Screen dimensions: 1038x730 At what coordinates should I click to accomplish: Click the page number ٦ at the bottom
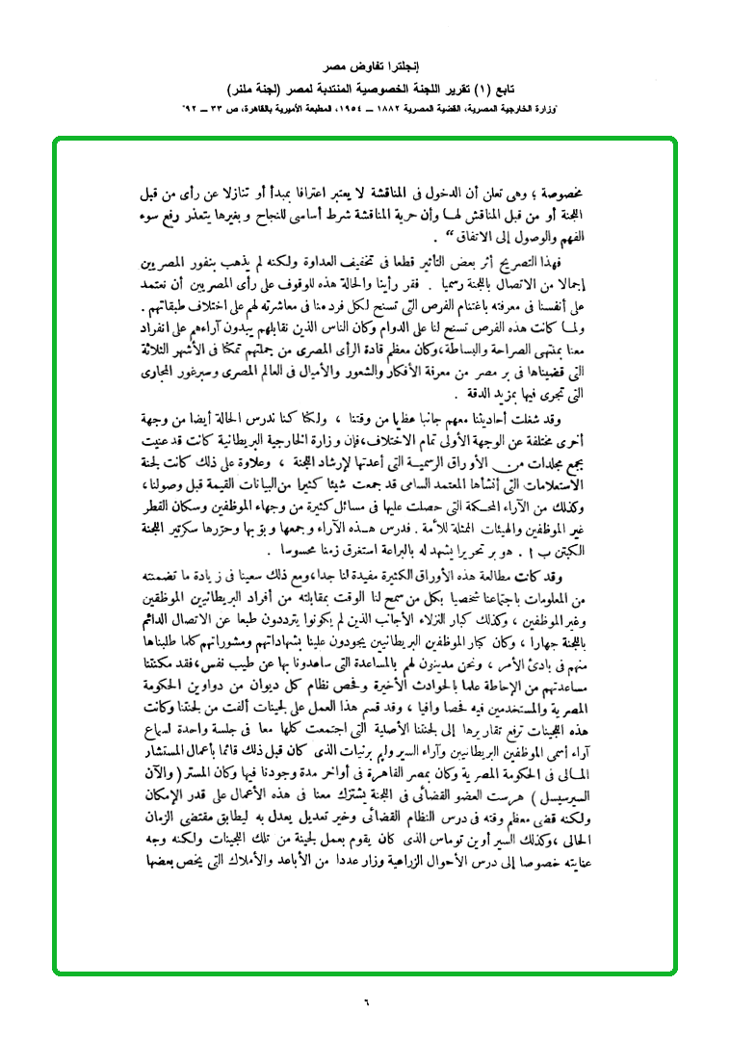(366, 1001)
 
